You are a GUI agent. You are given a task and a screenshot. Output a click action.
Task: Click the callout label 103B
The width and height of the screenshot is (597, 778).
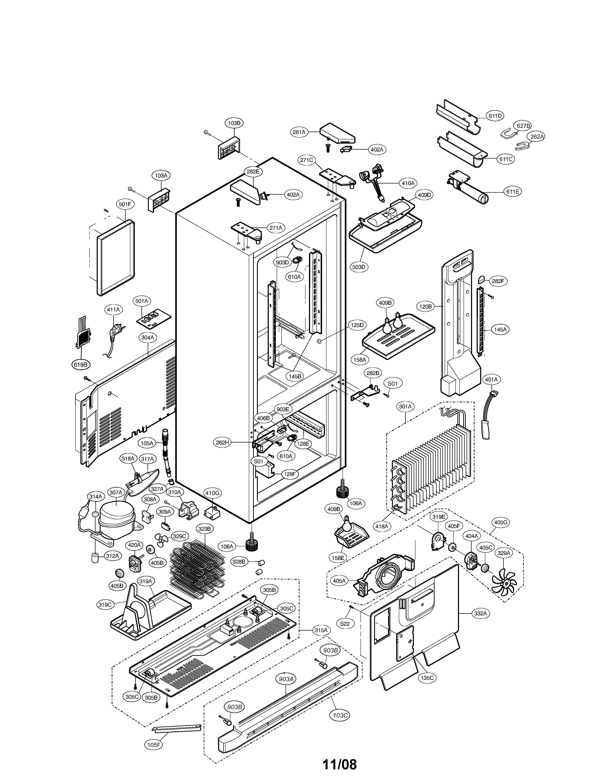click(234, 123)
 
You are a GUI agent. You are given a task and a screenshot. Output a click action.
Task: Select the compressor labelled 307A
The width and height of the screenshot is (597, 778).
click(116, 522)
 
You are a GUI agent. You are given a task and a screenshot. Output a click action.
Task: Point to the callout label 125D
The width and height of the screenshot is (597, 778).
click(357, 325)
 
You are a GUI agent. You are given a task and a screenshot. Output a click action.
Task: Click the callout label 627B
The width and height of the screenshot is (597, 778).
click(523, 126)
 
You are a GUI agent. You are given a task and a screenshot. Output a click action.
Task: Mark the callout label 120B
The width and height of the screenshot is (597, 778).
click(425, 306)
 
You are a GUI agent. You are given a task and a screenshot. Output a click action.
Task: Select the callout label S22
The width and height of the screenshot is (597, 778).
click(345, 624)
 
